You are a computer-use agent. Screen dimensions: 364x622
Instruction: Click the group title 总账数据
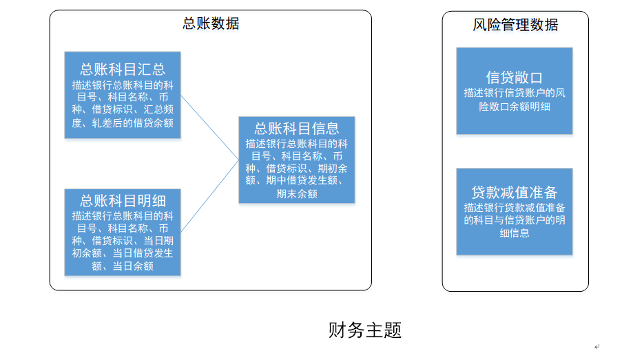pyautogui.click(x=211, y=23)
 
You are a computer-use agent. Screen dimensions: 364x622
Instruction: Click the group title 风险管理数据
pyautogui.click(x=515, y=25)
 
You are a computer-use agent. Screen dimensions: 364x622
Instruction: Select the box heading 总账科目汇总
pyautogui.click(x=123, y=69)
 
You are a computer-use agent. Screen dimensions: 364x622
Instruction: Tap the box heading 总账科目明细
pyautogui.click(x=123, y=201)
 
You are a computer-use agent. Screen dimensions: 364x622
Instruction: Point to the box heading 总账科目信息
pyautogui.click(x=297, y=129)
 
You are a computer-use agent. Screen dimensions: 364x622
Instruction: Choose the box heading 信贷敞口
pyautogui.click(x=515, y=77)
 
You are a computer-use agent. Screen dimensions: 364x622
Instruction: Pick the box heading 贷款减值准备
pyautogui.click(x=515, y=192)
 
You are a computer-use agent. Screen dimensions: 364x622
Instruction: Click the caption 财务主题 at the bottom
pyautogui.click(x=365, y=330)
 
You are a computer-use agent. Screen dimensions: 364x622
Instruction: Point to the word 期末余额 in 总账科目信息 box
pyautogui.click(x=297, y=194)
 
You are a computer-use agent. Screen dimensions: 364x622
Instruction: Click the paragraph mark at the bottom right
pyautogui.click(x=597, y=347)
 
